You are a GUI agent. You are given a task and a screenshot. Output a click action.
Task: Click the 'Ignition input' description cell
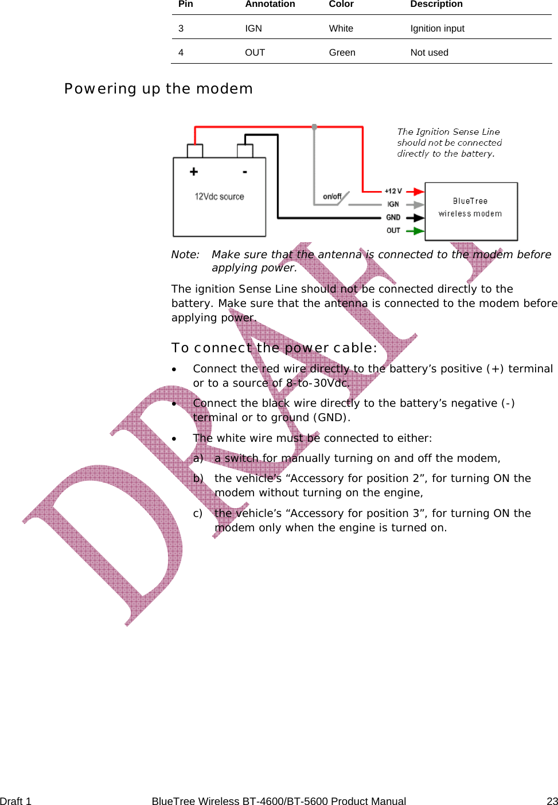(x=437, y=28)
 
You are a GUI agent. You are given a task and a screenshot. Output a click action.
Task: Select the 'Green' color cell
(x=342, y=52)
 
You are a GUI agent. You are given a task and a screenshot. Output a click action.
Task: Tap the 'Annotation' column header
(x=270, y=4)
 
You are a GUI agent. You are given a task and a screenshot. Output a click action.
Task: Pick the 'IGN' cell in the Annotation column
(x=253, y=28)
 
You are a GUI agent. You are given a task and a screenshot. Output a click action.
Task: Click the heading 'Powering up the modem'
(x=158, y=89)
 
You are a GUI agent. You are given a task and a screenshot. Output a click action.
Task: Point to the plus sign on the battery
(x=194, y=172)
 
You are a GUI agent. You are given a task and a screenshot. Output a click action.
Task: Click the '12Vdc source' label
(x=219, y=196)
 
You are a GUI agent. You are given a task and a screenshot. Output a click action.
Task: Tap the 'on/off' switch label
(x=332, y=196)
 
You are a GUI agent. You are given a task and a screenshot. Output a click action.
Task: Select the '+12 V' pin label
(x=393, y=191)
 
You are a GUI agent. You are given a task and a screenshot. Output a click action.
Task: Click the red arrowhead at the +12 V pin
(x=419, y=191)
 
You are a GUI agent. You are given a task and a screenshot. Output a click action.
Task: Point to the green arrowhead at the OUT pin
(x=419, y=231)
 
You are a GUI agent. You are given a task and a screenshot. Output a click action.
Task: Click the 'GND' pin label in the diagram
(x=393, y=217)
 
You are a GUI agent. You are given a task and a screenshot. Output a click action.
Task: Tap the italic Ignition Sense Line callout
(x=449, y=142)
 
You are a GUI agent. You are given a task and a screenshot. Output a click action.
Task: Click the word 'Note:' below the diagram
(x=185, y=254)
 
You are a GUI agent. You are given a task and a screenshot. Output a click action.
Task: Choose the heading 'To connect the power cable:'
(x=274, y=348)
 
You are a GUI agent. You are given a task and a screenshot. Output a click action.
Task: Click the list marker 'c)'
(x=198, y=514)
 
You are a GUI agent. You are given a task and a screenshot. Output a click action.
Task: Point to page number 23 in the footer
(x=552, y=801)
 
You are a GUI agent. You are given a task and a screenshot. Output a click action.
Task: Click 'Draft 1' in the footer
(x=16, y=801)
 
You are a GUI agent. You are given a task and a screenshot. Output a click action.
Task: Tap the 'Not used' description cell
(x=429, y=52)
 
